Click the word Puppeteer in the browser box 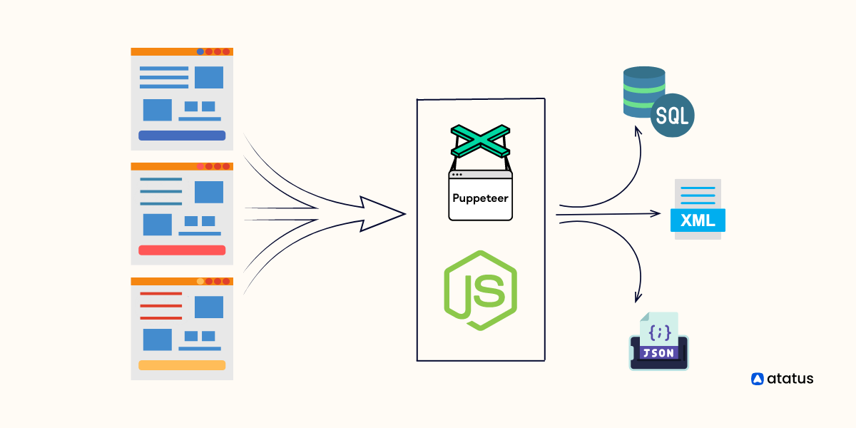[x=480, y=198]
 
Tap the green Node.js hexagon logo [x=480, y=290]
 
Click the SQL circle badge [x=672, y=116]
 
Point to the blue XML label [x=698, y=220]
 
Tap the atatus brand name [x=790, y=379]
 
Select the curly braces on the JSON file [x=660, y=331]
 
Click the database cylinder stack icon [x=643, y=93]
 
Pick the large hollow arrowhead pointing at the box [x=382, y=213]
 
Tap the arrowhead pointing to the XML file [x=656, y=213]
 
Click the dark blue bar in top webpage [x=182, y=136]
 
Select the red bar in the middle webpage [x=182, y=250]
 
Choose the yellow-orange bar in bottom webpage [x=182, y=365]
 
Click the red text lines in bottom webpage [x=160, y=305]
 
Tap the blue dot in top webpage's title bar [x=200, y=51]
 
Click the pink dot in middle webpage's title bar [x=200, y=166]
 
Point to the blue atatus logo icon [x=758, y=379]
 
